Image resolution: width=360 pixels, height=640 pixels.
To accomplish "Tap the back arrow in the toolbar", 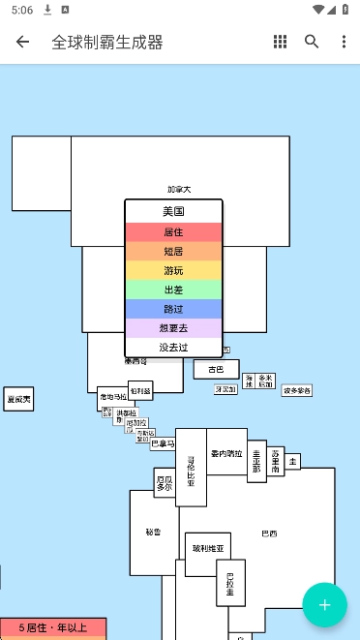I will click(22, 42).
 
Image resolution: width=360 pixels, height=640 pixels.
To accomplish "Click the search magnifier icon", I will click(312, 42).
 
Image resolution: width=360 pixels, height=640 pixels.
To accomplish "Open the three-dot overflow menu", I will click(344, 42).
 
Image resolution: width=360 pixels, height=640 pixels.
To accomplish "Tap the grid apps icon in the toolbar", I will click(280, 42).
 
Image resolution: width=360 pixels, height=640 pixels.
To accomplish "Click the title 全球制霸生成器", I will click(107, 42).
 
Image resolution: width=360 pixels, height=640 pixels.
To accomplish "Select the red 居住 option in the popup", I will click(173, 232).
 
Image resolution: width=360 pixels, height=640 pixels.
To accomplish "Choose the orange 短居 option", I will click(173, 252).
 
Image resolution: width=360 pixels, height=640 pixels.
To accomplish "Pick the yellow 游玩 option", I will click(173, 270).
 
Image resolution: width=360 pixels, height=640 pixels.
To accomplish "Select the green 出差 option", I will click(173, 290).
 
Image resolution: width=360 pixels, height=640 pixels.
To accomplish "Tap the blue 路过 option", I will click(173, 309).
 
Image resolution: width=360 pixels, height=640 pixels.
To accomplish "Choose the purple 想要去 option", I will click(173, 328).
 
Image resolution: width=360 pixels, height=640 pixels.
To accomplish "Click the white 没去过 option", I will click(173, 347).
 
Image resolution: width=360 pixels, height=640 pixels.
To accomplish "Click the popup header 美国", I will click(173, 211).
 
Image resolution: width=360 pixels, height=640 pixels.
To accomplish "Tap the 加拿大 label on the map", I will click(179, 190).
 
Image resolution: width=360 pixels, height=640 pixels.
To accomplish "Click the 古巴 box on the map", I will click(216, 369).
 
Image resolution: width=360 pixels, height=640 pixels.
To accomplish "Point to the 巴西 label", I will click(269, 533).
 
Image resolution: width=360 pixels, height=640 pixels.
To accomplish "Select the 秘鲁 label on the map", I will click(153, 532).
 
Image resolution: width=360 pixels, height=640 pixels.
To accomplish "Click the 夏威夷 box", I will click(18, 399).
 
